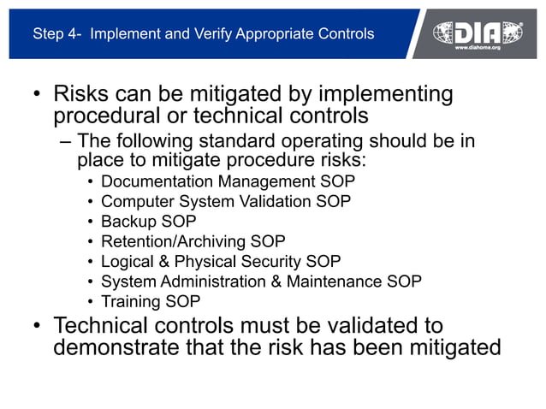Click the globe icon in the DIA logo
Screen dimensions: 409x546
point(448,33)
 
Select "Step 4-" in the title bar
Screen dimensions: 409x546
point(57,34)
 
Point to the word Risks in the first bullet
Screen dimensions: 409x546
point(83,93)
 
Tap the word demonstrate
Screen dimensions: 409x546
point(113,348)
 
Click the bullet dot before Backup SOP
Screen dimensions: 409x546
point(91,222)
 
